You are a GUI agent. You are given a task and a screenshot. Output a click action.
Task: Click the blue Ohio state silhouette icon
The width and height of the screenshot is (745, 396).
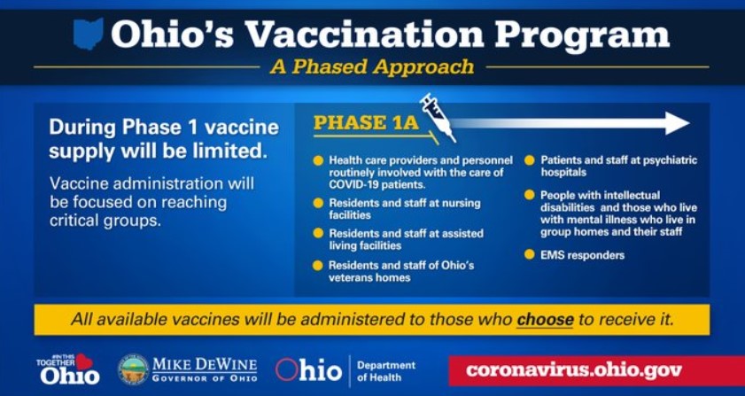[x=89, y=34]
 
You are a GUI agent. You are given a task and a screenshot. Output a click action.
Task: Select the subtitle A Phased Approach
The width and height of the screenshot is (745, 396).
[x=372, y=66]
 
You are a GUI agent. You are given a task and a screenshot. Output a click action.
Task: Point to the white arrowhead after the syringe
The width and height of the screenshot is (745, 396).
[x=678, y=123]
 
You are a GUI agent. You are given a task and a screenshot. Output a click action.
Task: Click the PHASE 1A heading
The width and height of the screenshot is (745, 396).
[x=367, y=122]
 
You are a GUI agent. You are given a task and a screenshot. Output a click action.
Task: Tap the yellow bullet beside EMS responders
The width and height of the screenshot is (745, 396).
[x=529, y=254]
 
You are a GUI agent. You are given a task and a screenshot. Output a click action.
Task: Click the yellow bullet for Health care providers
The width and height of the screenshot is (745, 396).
[x=318, y=160]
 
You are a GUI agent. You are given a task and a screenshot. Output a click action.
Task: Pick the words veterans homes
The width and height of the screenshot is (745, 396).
[x=369, y=277]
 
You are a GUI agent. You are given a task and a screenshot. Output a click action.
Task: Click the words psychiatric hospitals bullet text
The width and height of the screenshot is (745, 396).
[x=619, y=166]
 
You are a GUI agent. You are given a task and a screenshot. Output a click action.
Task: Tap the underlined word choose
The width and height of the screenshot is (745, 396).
[x=545, y=319]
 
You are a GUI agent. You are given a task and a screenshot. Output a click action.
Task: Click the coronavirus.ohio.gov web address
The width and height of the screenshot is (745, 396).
[x=574, y=369]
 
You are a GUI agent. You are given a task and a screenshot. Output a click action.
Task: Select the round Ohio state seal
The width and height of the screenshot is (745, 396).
[x=133, y=369]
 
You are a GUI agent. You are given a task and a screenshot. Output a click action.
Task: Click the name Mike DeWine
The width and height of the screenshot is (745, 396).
[x=205, y=365]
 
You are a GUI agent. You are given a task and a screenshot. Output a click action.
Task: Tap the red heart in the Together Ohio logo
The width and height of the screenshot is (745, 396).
[x=83, y=361]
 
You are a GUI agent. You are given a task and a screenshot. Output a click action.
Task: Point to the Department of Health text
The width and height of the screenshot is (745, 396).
[x=386, y=371]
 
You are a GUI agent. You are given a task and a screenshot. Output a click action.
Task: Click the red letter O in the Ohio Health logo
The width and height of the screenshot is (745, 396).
[x=286, y=369]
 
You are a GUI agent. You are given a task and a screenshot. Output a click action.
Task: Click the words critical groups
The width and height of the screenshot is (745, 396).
[x=105, y=221]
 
